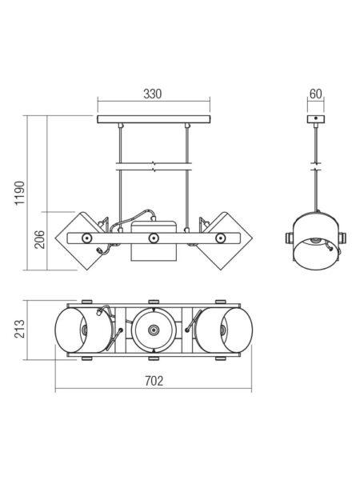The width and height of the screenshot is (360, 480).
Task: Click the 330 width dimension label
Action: [x=153, y=94]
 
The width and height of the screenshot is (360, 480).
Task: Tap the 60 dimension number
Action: [x=316, y=94]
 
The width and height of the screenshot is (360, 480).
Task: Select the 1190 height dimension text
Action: [x=20, y=193]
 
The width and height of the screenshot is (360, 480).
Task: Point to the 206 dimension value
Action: [x=39, y=239]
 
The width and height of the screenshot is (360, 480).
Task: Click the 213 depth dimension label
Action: [x=19, y=329]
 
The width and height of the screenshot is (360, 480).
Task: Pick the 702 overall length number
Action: [x=154, y=381]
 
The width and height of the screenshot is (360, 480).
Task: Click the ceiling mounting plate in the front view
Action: [x=154, y=119]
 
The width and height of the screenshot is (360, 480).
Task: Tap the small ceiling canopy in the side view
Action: [x=316, y=118]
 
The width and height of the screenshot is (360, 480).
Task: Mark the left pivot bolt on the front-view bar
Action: [x=86, y=238]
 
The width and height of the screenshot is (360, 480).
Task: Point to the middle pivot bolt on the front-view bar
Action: [x=154, y=238]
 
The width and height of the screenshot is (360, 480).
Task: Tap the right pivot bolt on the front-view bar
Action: [x=220, y=238]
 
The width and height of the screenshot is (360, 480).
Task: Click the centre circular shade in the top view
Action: [x=154, y=330]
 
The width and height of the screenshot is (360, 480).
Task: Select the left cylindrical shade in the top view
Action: [x=83, y=330]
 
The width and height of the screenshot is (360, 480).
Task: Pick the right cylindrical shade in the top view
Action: [x=224, y=330]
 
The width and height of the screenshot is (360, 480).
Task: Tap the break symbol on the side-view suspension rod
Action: [x=316, y=166]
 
